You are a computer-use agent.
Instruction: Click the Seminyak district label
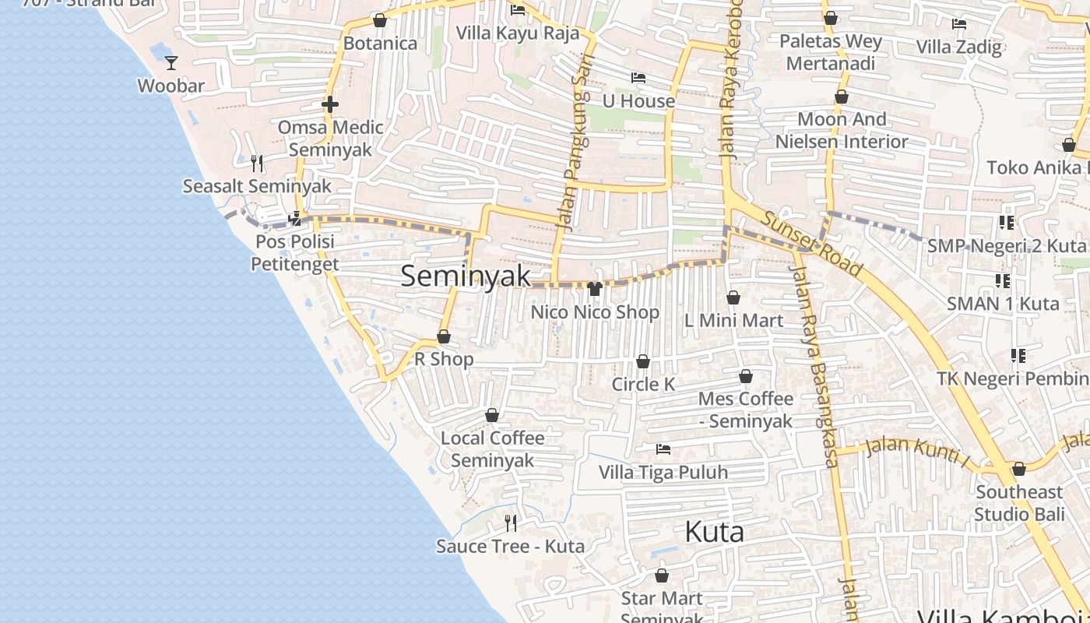466,276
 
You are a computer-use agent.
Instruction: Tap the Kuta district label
714,532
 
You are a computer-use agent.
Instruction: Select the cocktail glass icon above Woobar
171,62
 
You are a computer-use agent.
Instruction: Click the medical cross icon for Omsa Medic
330,104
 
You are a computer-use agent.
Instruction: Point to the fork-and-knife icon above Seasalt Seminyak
257,163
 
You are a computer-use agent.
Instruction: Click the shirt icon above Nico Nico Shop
595,289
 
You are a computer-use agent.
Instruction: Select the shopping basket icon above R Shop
444,336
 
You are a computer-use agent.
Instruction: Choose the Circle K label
643,384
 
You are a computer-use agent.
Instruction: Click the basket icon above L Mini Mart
733,297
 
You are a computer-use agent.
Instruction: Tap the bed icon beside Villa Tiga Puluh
663,449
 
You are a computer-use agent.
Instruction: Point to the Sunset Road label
812,244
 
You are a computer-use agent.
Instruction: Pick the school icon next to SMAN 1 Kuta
1003,280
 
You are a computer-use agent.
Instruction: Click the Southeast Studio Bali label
1019,503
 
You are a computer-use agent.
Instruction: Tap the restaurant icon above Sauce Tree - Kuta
511,523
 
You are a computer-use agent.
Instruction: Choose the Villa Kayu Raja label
518,33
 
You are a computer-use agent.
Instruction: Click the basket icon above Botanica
380,20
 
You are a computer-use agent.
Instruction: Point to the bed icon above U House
638,78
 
